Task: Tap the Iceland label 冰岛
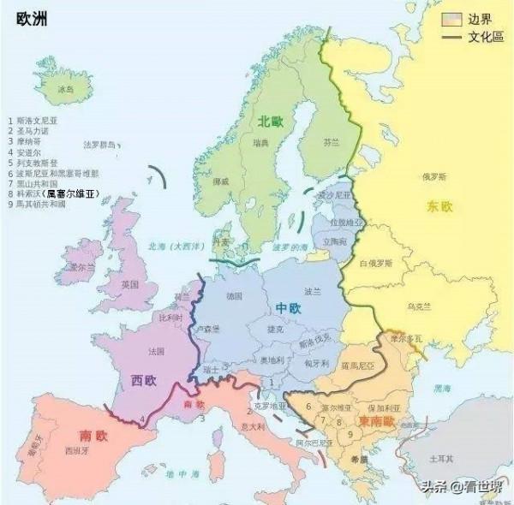67,89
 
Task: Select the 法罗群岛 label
99,145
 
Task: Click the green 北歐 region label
270,122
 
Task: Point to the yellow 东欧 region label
440,206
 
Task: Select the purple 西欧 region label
143,379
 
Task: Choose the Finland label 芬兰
332,142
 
